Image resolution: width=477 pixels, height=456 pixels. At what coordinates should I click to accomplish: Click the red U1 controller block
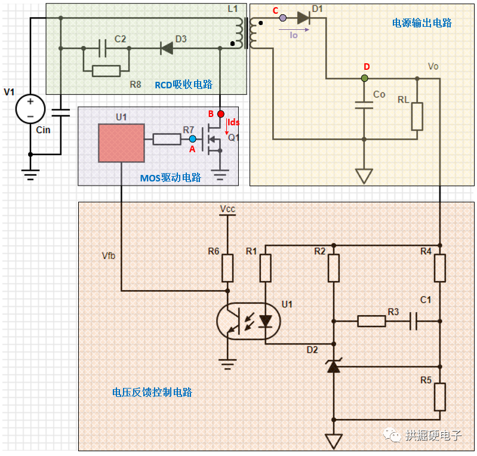pyautogui.click(x=121, y=143)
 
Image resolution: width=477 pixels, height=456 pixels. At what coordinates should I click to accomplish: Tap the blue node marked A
pyautogui.click(x=192, y=139)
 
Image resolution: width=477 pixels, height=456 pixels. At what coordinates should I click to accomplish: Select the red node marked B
pyautogui.click(x=220, y=113)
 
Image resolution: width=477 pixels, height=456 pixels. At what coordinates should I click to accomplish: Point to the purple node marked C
pyautogui.click(x=283, y=19)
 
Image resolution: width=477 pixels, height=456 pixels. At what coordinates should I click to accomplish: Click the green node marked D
pyautogui.click(x=365, y=78)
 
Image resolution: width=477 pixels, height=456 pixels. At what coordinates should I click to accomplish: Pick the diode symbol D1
pyautogui.click(x=304, y=19)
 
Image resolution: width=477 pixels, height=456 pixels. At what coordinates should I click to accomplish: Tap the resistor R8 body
pyautogui.click(x=106, y=71)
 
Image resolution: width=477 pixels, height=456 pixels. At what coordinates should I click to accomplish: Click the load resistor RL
pyautogui.click(x=417, y=116)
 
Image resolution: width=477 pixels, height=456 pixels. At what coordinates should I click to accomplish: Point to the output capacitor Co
pyautogui.click(x=364, y=105)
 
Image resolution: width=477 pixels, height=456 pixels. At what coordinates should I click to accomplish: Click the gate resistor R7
pyautogui.click(x=167, y=139)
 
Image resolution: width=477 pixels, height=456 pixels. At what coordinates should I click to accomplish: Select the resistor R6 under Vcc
pyautogui.click(x=227, y=268)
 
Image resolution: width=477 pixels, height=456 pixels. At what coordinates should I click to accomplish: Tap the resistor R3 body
pyautogui.click(x=371, y=321)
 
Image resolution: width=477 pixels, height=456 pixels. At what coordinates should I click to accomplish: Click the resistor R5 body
pyautogui.click(x=440, y=397)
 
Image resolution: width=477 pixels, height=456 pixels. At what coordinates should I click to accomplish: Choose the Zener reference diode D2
pyautogui.click(x=334, y=365)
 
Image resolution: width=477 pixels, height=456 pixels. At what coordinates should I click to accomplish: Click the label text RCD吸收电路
pyautogui.click(x=183, y=85)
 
